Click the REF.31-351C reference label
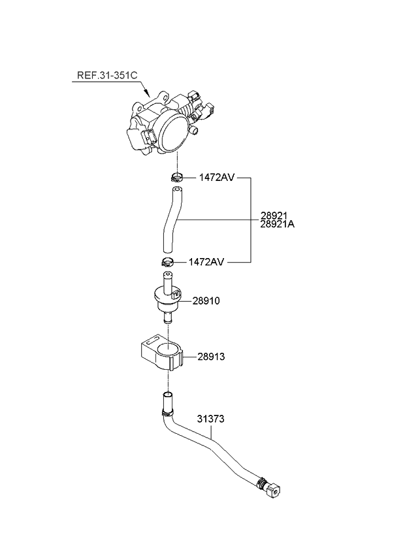coord(107,75)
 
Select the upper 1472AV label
coord(217,177)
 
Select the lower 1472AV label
coord(206,262)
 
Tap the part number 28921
coord(274,215)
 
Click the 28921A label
coord(278,224)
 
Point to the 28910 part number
coord(206,301)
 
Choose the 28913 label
coord(211,357)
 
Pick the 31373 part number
coord(210,419)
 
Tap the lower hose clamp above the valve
coord(168,263)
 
